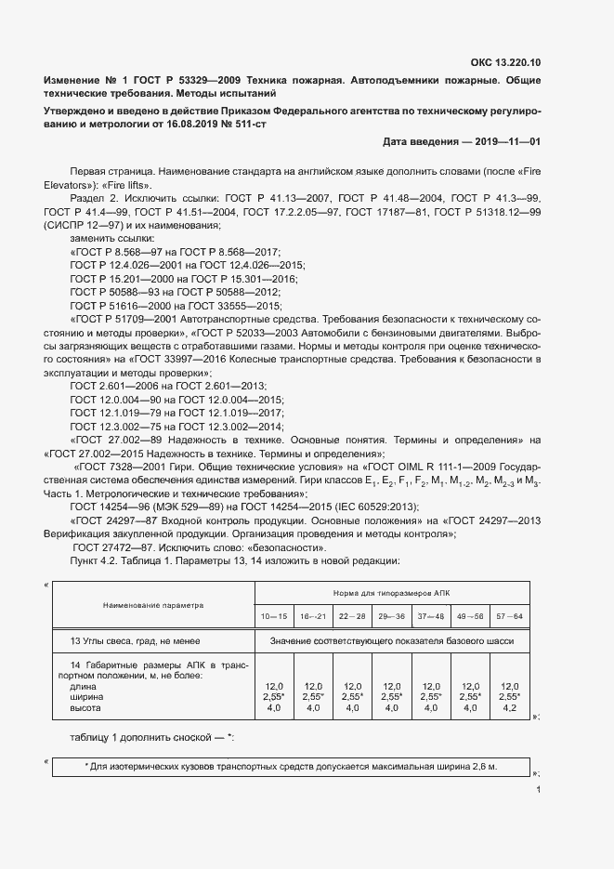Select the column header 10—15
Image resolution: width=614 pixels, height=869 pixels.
point(274,616)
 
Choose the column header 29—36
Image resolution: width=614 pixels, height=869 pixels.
point(391,616)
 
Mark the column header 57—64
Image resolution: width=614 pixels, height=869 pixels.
point(509,616)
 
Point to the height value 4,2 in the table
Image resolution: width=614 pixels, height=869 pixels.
point(509,708)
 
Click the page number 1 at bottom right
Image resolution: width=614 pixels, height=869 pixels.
point(538,790)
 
